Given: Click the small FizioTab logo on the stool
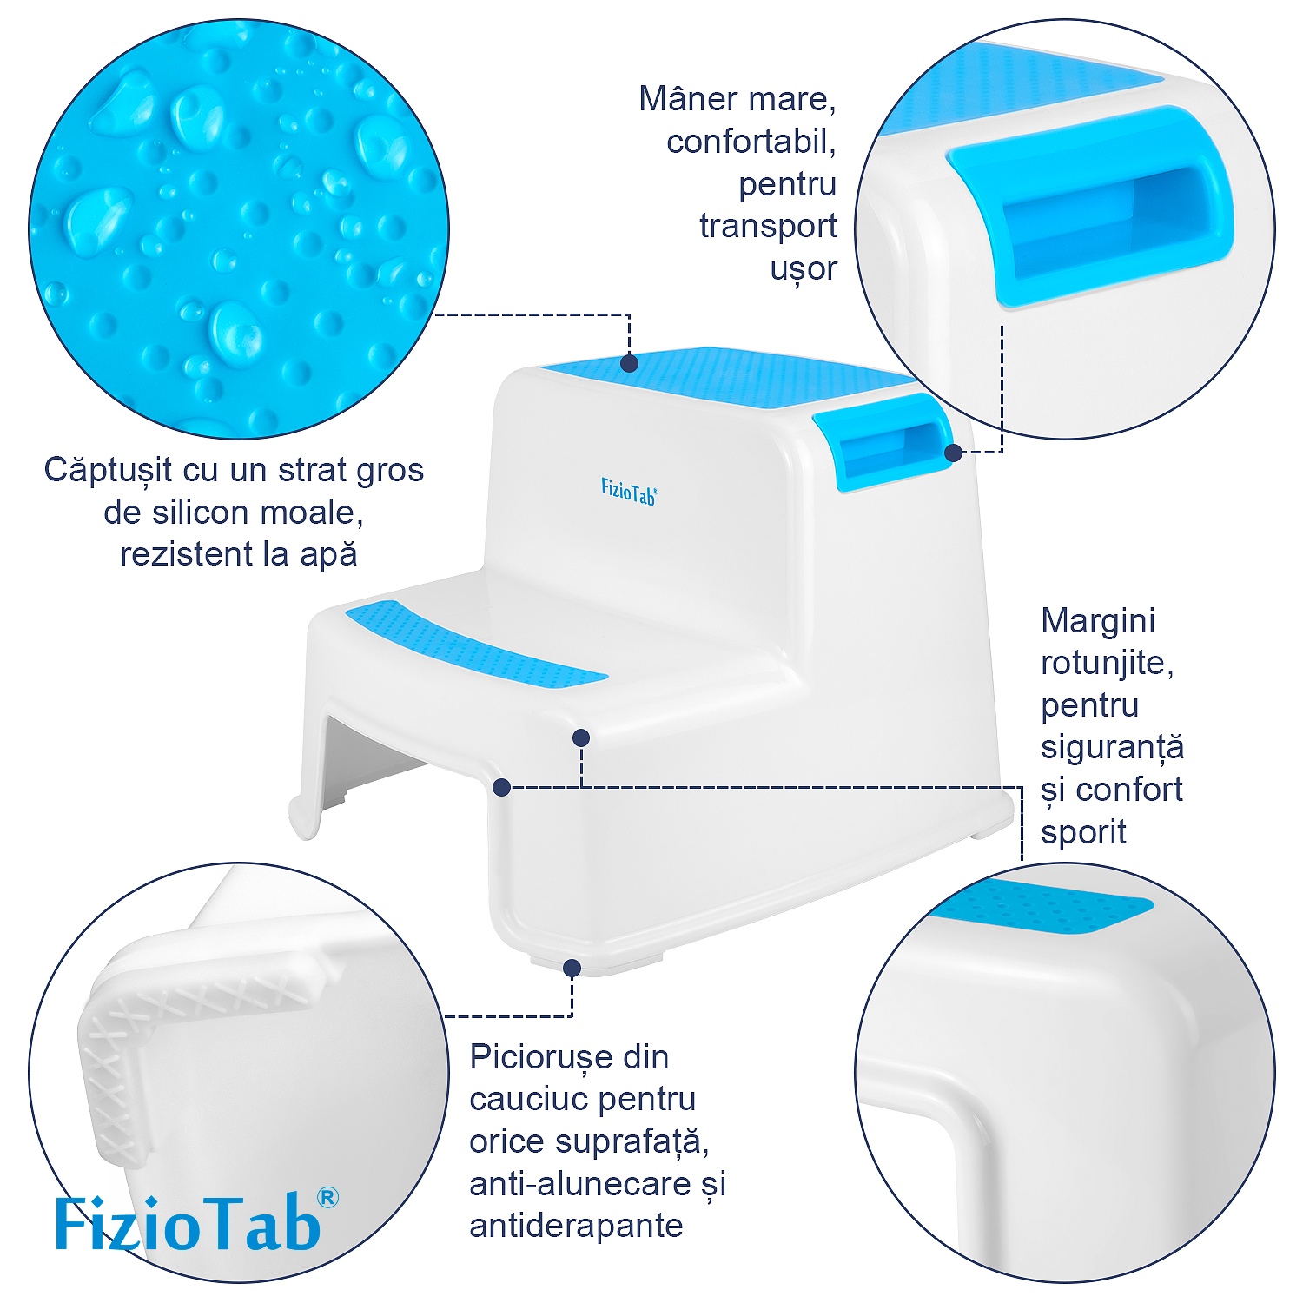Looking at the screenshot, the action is tap(629, 492).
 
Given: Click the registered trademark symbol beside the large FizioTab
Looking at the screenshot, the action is tap(327, 1198).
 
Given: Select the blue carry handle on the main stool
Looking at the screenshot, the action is tap(883, 441).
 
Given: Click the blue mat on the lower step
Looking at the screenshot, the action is tap(476, 644).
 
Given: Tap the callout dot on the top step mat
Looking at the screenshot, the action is tap(629, 362).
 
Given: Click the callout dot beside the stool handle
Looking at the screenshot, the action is tap(953, 453).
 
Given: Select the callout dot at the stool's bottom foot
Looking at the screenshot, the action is tap(572, 968).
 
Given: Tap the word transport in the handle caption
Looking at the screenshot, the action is tap(768, 226).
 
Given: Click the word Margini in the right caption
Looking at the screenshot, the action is tap(1098, 621).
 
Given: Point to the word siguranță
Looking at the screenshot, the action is tap(1112, 748).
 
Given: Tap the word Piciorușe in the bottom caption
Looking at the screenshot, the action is tap(541, 1057).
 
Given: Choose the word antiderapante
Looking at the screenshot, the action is tap(576, 1226).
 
